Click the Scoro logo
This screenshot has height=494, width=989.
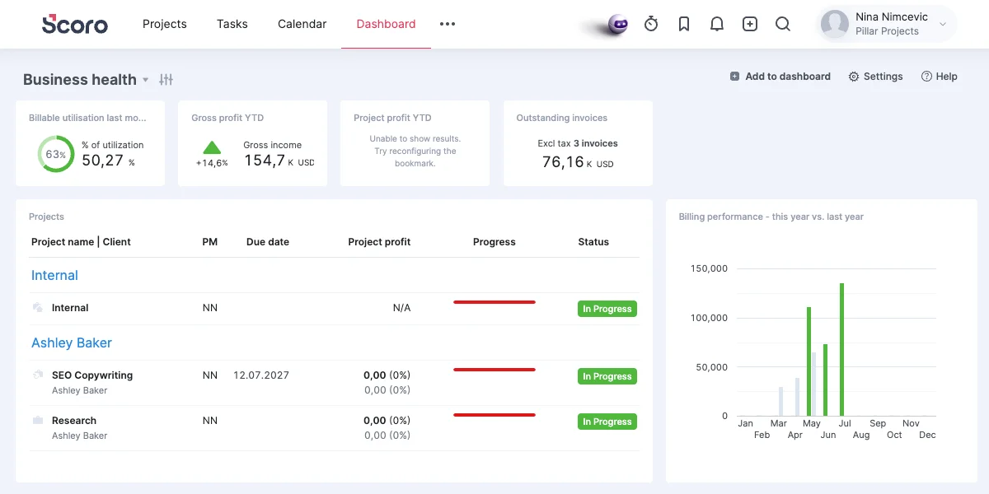(75, 24)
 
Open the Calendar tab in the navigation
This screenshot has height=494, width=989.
(302, 24)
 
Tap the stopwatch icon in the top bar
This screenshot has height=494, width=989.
(651, 24)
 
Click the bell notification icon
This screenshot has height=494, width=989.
(716, 24)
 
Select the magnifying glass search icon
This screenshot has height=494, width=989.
(783, 24)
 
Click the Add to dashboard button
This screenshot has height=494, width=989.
(780, 77)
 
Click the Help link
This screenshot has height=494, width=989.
(939, 77)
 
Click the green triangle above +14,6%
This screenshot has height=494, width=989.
(212, 147)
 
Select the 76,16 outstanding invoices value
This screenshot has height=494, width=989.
(563, 162)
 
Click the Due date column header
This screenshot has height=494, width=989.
(268, 242)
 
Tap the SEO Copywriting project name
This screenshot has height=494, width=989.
(92, 375)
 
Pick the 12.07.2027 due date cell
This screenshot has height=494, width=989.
(261, 375)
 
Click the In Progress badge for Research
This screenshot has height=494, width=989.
(607, 422)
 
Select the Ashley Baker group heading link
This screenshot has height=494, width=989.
(72, 343)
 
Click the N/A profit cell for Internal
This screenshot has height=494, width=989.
(402, 307)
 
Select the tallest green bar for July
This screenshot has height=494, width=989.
(842, 349)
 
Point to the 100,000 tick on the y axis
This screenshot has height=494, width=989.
(709, 318)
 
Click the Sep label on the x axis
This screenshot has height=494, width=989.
(878, 423)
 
